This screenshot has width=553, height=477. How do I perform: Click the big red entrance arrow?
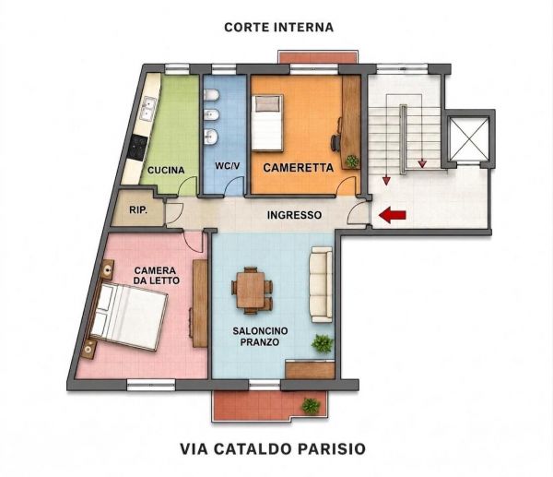click(x=393, y=215)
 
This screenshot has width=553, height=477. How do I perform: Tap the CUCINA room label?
click(x=166, y=170)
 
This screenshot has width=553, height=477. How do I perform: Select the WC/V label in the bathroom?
click(x=225, y=165)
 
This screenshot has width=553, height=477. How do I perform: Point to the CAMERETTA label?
click(x=298, y=168)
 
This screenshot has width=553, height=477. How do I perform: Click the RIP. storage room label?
click(x=138, y=210)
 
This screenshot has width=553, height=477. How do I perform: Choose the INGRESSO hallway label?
click(x=294, y=215)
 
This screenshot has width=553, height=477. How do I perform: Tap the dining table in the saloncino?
click(x=252, y=291)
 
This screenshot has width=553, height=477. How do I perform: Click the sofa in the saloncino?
click(x=321, y=284)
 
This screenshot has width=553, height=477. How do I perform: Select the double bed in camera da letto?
click(x=127, y=316)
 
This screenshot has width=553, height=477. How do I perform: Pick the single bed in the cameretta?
click(x=267, y=123)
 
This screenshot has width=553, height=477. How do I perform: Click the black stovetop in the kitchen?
click(x=138, y=148)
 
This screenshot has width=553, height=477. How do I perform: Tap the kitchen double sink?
click(x=148, y=108)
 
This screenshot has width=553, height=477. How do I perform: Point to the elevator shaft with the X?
click(x=470, y=138)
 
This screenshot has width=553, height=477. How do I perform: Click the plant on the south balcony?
click(x=311, y=405)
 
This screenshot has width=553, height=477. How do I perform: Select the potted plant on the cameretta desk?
click(x=352, y=161)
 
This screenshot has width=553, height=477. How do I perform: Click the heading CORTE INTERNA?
click(x=278, y=27)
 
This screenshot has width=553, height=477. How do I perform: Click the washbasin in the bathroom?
click(x=211, y=137)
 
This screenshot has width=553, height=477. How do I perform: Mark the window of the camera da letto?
click(x=151, y=385)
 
